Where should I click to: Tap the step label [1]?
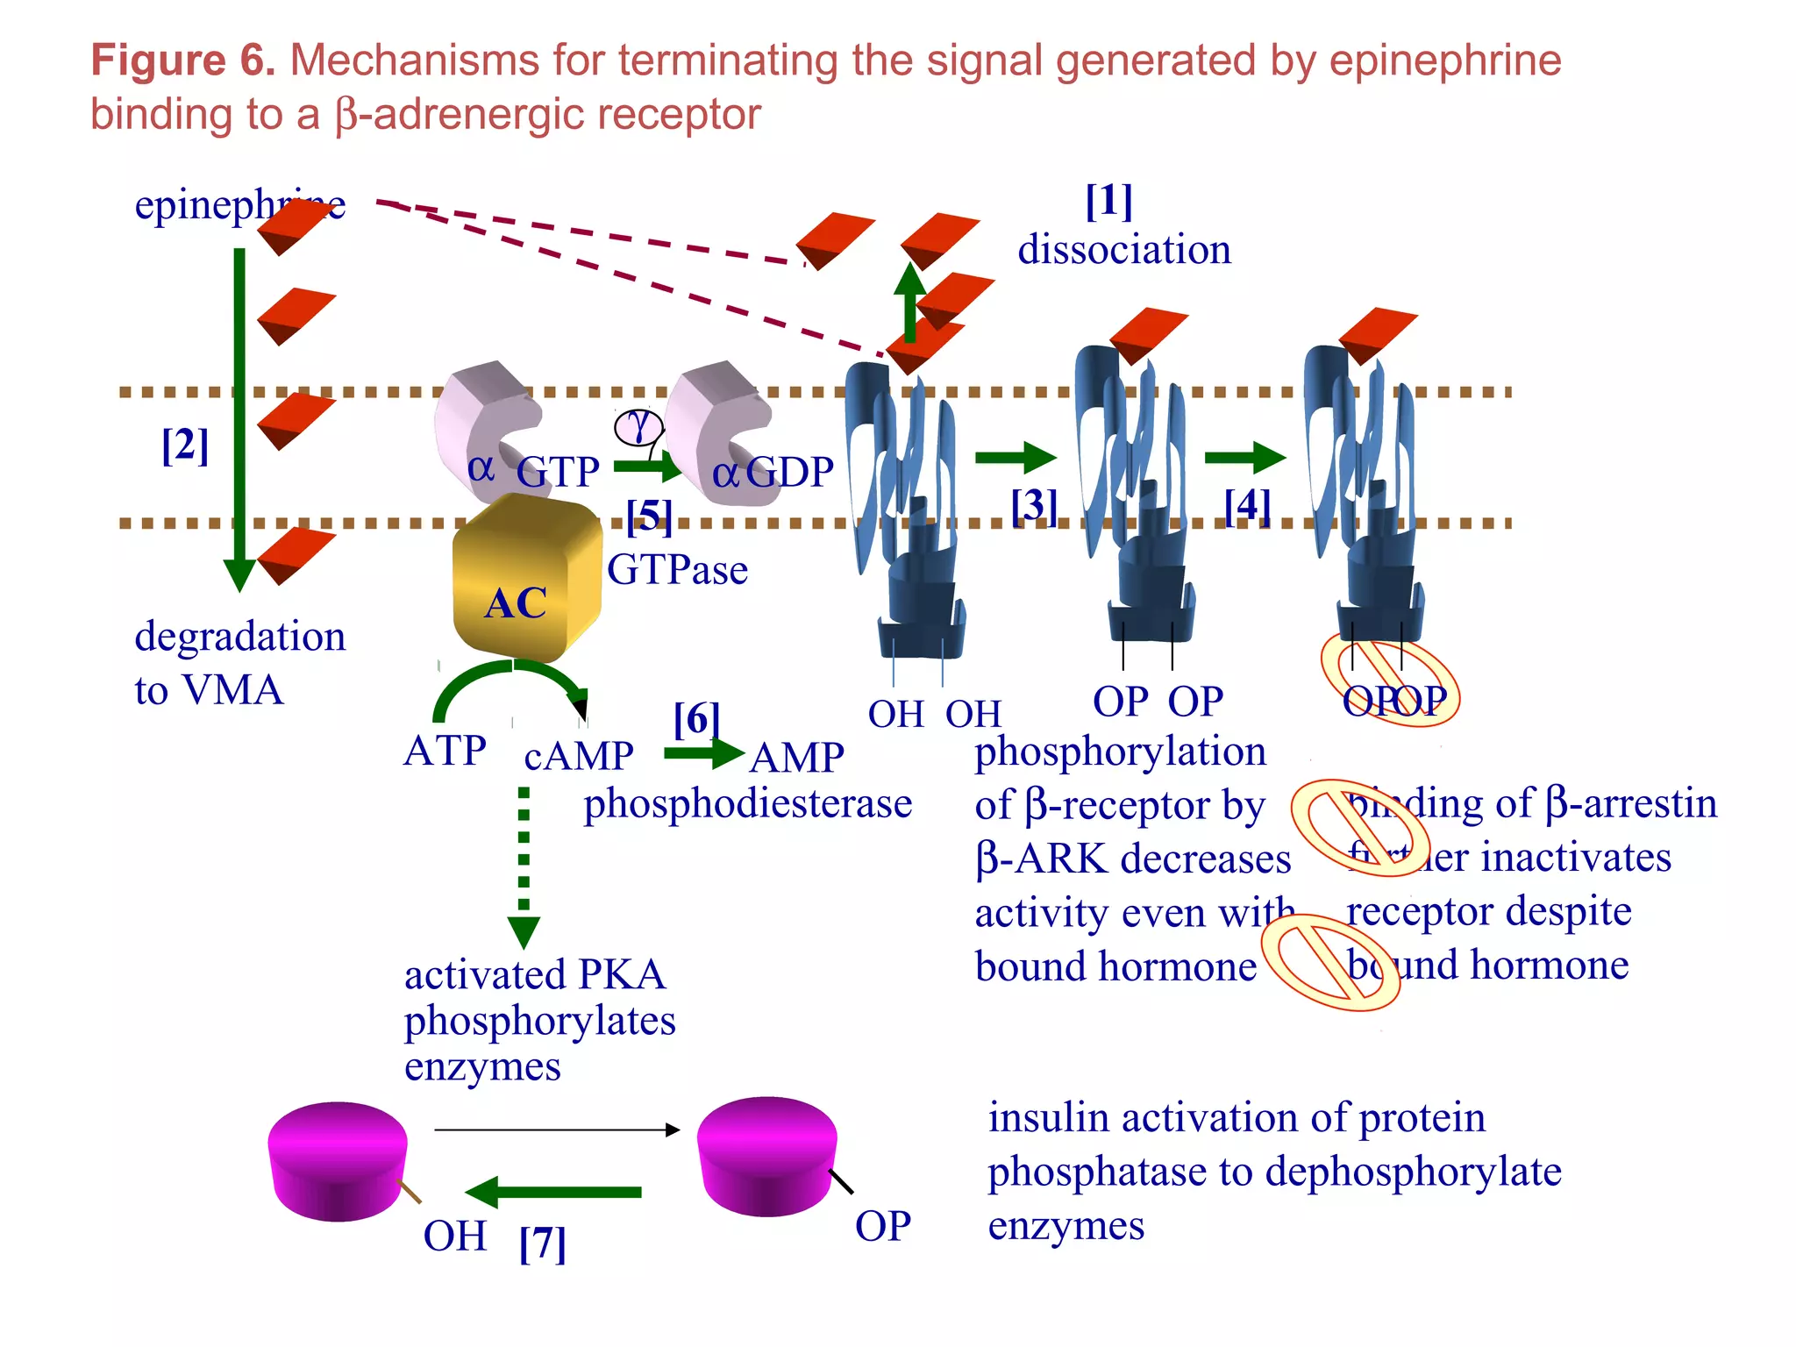click(1108, 201)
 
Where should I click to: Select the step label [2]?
click(185, 445)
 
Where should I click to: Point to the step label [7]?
click(542, 1243)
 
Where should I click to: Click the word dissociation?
click(1124, 250)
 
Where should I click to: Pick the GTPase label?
click(677, 570)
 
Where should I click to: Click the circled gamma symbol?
click(638, 427)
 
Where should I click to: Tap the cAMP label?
click(579, 756)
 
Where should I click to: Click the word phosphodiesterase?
click(748, 803)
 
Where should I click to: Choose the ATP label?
click(445, 751)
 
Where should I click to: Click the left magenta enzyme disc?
click(338, 1161)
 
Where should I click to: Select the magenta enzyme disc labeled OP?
click(766, 1156)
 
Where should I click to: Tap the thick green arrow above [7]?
click(554, 1192)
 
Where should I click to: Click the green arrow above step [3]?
click(1015, 457)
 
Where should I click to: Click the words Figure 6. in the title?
click(183, 61)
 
